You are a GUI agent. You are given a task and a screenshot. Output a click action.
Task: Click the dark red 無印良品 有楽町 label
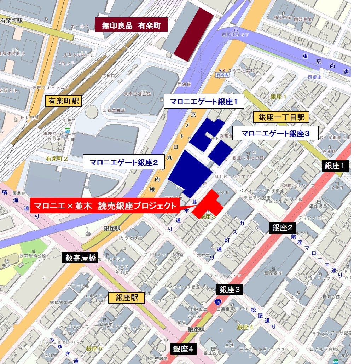pos(131,25)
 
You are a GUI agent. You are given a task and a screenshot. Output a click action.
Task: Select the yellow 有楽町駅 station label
pos(64,101)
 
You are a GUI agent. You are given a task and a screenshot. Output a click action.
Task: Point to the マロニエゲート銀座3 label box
pos(275,133)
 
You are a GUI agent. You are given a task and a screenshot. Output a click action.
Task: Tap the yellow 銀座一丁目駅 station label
pos(281,117)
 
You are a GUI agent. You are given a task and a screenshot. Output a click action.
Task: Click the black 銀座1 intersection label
pos(336,166)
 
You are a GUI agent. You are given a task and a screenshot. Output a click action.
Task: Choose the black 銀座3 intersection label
pos(230,289)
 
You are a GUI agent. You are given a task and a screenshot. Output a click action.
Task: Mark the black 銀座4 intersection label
pos(183,349)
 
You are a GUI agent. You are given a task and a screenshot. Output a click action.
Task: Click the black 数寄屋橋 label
pos(80,258)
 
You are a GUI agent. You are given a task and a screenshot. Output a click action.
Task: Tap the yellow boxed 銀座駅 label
pos(127,297)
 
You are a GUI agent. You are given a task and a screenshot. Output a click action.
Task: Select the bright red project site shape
pos(209,206)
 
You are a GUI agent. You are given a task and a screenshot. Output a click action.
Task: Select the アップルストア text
pos(225,276)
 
